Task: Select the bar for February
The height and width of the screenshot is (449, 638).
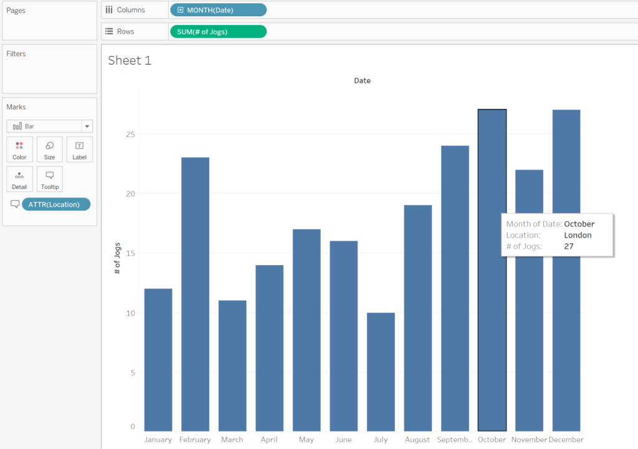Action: pyautogui.click(x=195, y=293)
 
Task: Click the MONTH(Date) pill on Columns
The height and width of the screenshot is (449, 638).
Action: pyautogui.click(x=217, y=10)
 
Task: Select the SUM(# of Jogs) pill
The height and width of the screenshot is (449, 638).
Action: pyautogui.click(x=217, y=32)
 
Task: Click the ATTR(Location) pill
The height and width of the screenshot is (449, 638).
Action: pyautogui.click(x=55, y=205)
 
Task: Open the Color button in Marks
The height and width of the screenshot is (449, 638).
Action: pyautogui.click(x=19, y=150)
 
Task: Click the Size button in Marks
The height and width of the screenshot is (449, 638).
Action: pyautogui.click(x=49, y=150)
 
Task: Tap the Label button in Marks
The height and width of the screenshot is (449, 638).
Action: pyautogui.click(x=79, y=150)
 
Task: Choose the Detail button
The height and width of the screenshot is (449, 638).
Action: pyautogui.click(x=19, y=179)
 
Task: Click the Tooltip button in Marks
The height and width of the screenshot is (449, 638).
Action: pyautogui.click(x=49, y=179)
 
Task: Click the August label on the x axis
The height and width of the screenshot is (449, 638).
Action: pyautogui.click(x=417, y=440)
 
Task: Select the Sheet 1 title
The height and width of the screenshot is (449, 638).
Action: pyautogui.click(x=130, y=60)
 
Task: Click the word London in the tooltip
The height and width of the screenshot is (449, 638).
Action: pyautogui.click(x=578, y=235)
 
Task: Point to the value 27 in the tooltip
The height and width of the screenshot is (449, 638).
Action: pyautogui.click(x=569, y=246)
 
